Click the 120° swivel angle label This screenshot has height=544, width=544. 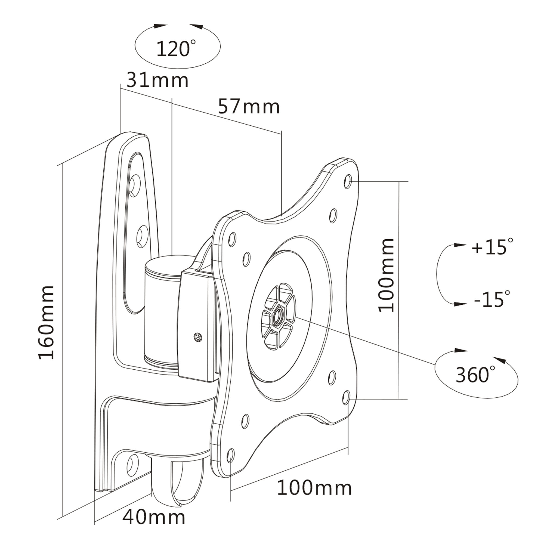[x=175, y=48]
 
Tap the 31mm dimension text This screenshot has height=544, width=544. [x=157, y=80]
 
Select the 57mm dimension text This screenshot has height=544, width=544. [x=249, y=107]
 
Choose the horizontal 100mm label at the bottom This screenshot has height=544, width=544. [x=314, y=488]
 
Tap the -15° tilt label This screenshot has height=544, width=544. [x=492, y=299]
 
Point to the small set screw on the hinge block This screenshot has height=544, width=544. [x=198, y=336]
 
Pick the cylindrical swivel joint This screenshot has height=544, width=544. [x=160, y=313]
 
